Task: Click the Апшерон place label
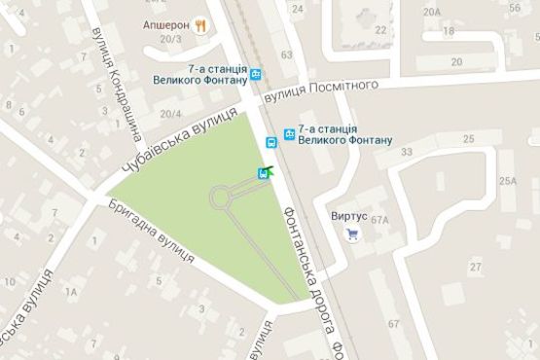(x=166, y=23)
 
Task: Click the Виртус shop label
(x=348, y=216)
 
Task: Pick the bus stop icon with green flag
(x=264, y=173)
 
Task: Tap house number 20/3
(x=171, y=39)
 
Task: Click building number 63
(x=286, y=55)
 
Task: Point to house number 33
(x=407, y=151)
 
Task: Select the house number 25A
(x=507, y=181)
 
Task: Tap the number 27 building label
(x=476, y=266)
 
